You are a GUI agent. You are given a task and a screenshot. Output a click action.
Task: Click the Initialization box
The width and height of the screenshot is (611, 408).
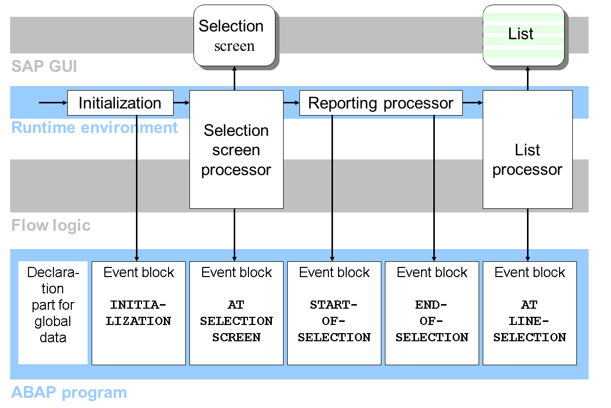tap(120, 103)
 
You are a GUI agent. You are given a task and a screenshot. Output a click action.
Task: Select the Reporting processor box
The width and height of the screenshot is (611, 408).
tap(380, 103)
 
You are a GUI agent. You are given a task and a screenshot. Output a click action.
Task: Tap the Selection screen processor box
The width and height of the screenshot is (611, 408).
tap(236, 150)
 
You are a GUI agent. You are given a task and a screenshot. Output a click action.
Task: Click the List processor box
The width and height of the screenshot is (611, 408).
tap(527, 159)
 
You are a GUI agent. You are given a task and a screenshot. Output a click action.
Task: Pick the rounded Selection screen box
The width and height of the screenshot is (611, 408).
tap(234, 36)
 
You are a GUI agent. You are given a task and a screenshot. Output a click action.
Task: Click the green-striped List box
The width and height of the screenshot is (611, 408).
tap(523, 35)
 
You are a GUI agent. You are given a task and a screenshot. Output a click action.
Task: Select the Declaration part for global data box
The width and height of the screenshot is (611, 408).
tap(52, 305)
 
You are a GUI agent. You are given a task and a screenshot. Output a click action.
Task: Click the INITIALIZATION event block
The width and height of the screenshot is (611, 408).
tap(138, 313)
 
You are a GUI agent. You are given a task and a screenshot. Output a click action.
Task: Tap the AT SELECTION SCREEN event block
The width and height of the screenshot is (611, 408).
tap(236, 313)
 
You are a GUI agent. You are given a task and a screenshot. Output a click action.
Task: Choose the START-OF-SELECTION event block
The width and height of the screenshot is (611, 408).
tap(334, 313)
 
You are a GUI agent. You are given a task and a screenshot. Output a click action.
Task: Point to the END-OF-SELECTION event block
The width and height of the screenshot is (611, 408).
tap(432, 313)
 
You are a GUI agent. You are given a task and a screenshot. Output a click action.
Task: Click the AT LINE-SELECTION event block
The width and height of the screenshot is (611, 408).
tap(530, 313)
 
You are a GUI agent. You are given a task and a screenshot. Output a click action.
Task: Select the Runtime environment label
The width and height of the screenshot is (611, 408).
tap(95, 128)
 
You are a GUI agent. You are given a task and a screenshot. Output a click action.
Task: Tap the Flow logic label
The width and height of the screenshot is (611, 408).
tap(51, 226)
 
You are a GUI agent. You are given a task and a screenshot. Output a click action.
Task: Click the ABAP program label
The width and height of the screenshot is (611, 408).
tap(69, 393)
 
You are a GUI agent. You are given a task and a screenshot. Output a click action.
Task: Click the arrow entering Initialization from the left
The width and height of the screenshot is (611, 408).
tap(53, 103)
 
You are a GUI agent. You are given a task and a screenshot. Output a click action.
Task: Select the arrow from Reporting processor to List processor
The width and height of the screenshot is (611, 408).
tap(473, 103)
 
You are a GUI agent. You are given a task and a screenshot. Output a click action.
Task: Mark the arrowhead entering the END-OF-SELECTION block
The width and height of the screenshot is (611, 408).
tap(434, 258)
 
